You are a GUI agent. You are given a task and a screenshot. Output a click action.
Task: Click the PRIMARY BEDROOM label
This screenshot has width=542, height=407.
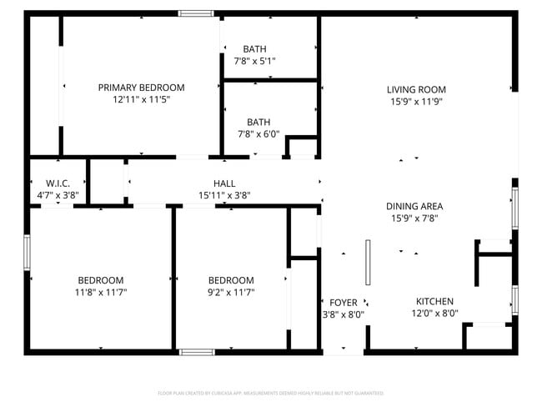pos(141,88)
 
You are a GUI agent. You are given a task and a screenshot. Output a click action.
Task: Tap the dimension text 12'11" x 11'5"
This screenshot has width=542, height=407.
pos(141,100)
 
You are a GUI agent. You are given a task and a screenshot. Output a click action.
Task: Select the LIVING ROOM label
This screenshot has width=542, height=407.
pos(415,90)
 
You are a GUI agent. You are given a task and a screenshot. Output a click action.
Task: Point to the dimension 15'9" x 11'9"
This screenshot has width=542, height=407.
pos(415,102)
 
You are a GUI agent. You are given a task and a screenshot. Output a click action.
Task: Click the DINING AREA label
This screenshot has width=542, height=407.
pos(414,206)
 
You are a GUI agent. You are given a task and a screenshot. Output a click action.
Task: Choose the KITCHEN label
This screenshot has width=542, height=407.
pos(434,302)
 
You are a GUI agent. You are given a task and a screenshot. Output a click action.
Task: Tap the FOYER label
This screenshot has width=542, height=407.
pos(344,302)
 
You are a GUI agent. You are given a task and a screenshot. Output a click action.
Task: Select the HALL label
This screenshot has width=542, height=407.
pos(224,183)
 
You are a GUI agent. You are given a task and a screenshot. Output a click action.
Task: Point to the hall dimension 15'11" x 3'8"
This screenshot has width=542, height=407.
pos(224,195)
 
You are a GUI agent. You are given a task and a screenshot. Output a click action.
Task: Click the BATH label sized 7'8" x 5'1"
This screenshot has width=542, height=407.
pos(255,48)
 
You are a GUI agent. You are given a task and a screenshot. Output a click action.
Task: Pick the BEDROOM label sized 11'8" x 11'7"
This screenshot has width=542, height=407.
pos(101,280)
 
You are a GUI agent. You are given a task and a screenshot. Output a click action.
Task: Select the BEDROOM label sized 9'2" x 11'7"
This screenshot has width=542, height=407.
pos(231,280)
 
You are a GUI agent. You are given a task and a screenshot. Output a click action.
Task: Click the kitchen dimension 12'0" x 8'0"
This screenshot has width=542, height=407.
pos(434,314)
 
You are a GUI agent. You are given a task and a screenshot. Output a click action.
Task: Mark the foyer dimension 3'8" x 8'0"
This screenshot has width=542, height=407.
pos(344,314)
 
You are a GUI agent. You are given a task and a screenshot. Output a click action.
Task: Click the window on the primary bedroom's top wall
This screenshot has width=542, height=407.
pos(196,13)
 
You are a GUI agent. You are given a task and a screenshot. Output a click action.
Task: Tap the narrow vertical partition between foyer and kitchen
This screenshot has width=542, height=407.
pos(367,264)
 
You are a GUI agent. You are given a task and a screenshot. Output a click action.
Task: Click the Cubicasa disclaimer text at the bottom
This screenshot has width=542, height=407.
pos(270,393)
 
